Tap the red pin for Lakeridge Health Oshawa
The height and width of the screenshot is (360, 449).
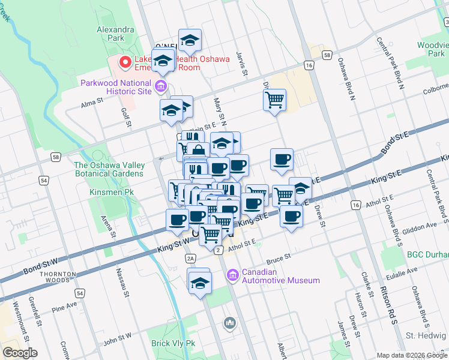[125, 61]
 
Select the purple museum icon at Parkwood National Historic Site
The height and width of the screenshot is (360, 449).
[160, 87]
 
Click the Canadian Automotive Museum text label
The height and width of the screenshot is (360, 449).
[280, 276]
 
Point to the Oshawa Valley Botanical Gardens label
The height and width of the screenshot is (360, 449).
[109, 169]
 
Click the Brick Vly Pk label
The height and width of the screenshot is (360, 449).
[173, 343]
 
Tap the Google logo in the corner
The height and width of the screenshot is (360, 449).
[20, 353]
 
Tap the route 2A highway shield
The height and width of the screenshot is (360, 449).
[191, 258]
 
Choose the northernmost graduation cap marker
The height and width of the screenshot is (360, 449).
[190, 40]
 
